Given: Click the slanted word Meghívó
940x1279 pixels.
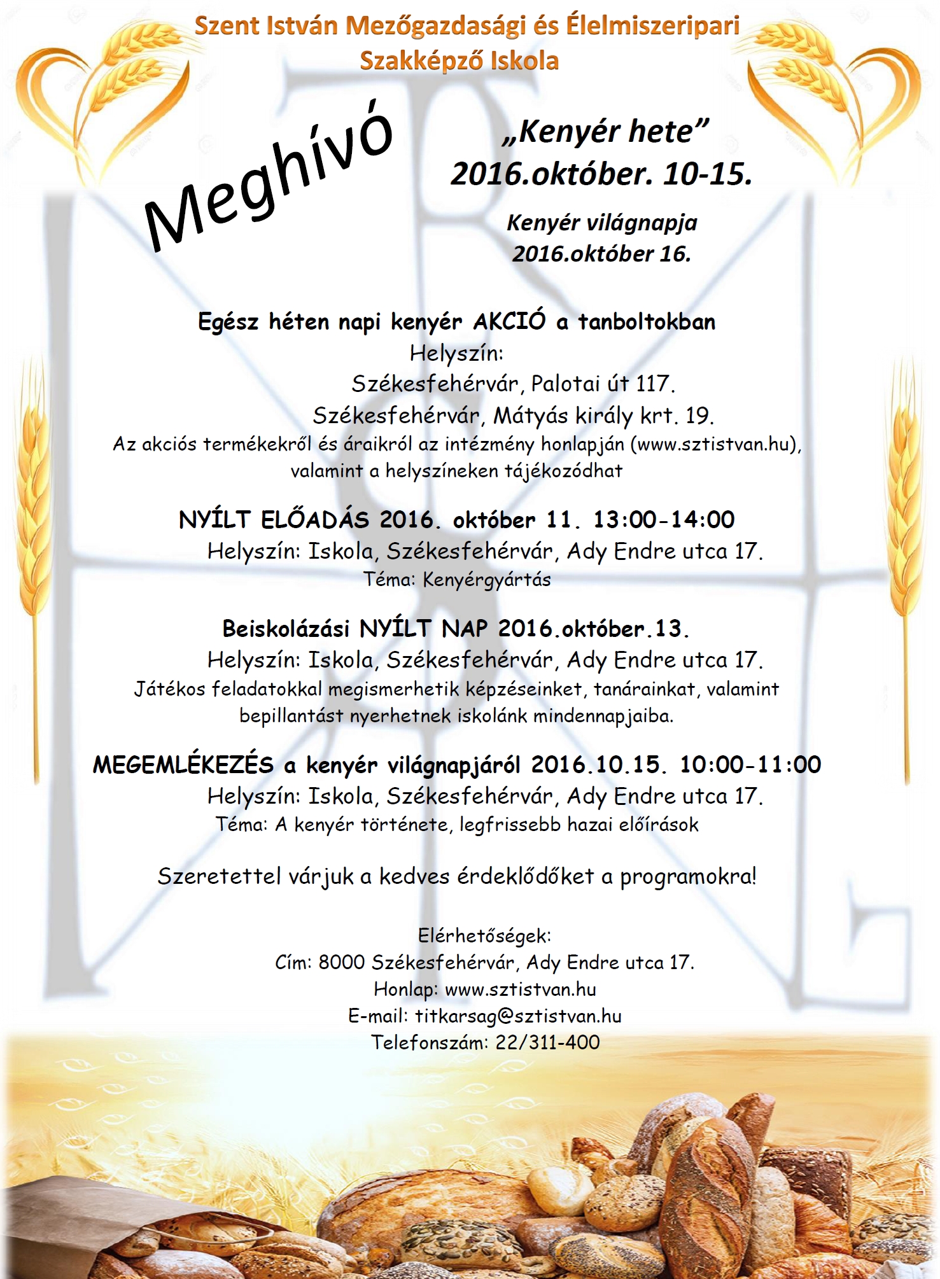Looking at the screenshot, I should click(x=267, y=181).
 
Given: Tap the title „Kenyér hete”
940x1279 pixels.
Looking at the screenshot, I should click(x=605, y=132).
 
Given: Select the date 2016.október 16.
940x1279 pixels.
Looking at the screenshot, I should click(x=601, y=254).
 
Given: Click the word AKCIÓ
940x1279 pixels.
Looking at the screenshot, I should click(x=509, y=321).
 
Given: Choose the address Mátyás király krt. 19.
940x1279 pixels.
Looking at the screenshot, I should click(x=603, y=416).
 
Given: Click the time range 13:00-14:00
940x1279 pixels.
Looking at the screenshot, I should click(x=664, y=520).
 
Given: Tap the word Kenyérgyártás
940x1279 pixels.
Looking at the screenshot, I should click(x=487, y=580).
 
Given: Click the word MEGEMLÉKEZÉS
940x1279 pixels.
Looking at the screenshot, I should click(x=183, y=764).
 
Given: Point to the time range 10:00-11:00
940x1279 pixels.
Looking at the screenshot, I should click(x=750, y=764).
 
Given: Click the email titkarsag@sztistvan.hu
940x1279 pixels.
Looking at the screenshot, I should click(x=518, y=1016).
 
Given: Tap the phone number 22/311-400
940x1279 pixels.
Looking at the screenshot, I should click(x=547, y=1042).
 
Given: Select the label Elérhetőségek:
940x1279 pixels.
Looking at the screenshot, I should click(x=484, y=935).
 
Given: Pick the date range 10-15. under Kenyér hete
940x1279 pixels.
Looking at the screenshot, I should click(x=707, y=174).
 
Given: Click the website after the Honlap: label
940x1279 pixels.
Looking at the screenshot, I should click(x=520, y=989).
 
